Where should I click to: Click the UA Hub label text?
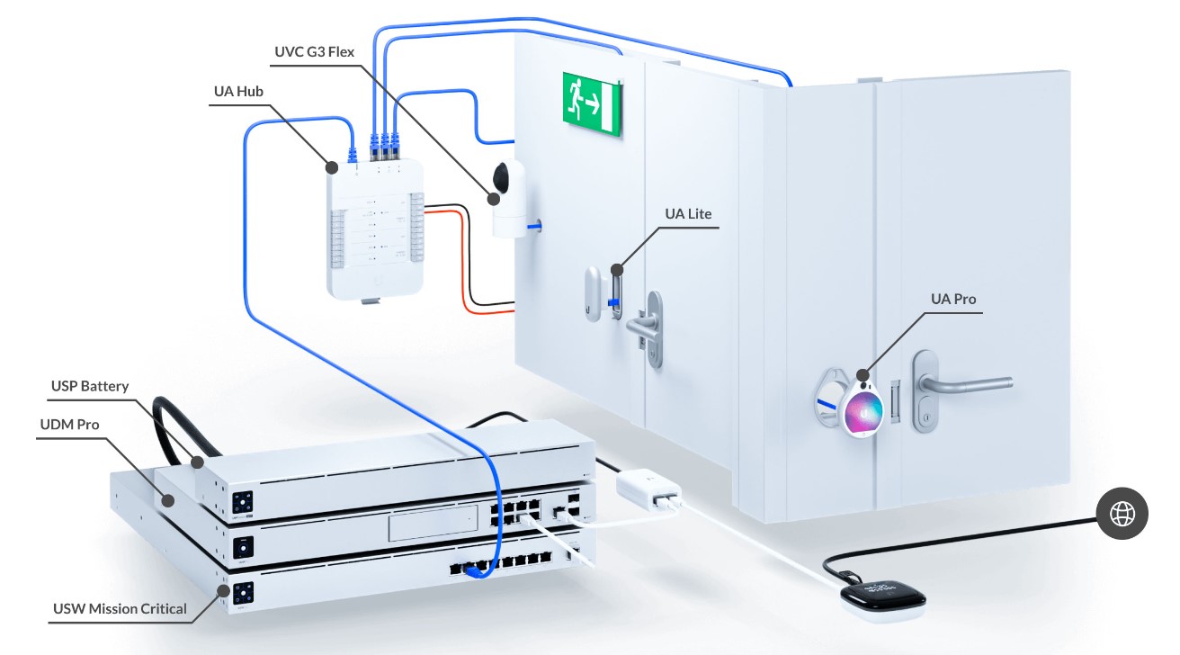(238, 92)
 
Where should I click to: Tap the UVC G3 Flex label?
(315, 52)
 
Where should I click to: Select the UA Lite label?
(688, 214)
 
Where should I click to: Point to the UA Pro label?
(953, 300)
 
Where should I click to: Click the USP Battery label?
(90, 386)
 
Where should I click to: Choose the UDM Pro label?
(69, 424)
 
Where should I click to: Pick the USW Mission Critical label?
(121, 608)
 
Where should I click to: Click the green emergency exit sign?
(592, 104)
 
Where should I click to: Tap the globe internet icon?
(1122, 513)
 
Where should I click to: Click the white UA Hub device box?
(375, 229)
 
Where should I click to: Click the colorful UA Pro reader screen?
(863, 412)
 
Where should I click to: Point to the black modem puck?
(883, 597)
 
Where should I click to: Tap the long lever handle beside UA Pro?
(964, 384)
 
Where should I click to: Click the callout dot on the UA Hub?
(331, 167)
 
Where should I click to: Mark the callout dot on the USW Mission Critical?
(223, 591)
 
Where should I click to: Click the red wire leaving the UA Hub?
(463, 264)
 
